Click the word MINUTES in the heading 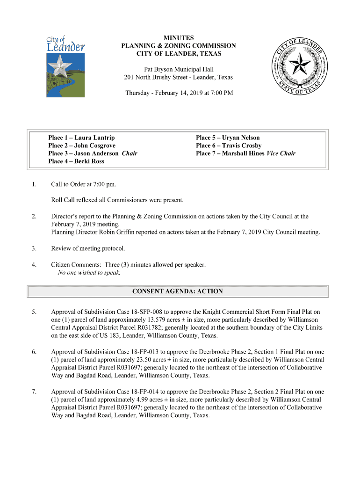(179, 37)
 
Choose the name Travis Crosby (242, 145)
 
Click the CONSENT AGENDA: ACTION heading (178, 291)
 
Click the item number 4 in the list (34, 265)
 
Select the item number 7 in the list (34, 392)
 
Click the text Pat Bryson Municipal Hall (179, 69)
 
